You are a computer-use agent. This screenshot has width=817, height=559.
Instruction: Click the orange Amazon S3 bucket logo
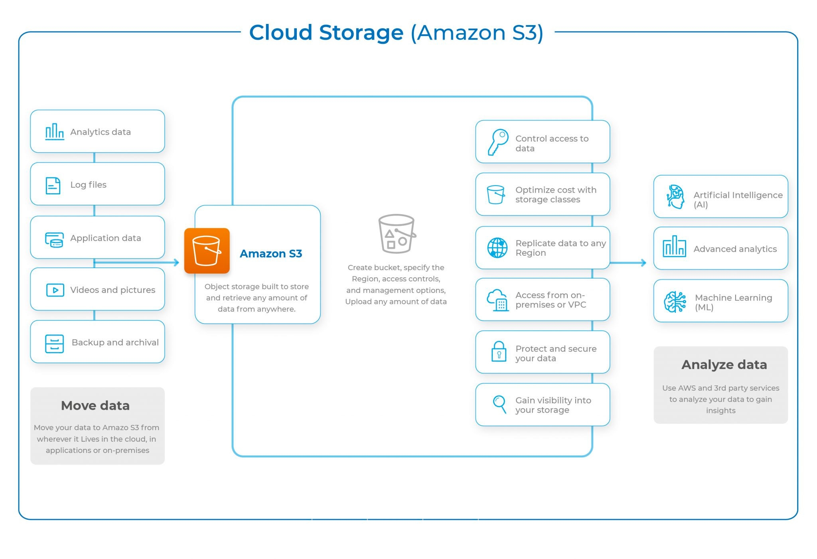(207, 251)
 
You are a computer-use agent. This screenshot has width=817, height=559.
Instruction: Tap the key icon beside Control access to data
(497, 142)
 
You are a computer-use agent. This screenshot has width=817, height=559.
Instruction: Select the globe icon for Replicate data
(497, 248)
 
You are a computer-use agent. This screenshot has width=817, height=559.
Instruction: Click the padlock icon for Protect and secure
(499, 352)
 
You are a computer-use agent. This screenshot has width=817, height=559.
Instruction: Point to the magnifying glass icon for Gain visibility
(499, 404)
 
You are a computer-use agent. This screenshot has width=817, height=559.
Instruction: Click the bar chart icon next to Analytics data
(54, 131)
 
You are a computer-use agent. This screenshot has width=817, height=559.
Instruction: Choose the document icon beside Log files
(53, 186)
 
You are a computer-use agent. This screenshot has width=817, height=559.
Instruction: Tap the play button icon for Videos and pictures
(55, 290)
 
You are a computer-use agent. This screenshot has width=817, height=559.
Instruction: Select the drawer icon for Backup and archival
(54, 344)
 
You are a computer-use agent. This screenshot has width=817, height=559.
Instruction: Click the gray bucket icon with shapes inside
(396, 234)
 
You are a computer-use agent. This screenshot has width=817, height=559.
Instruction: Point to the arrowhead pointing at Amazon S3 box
(176, 263)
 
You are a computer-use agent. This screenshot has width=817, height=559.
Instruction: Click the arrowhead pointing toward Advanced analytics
(643, 263)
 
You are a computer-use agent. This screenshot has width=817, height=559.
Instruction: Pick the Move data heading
(95, 405)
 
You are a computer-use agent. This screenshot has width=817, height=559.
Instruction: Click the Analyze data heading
(724, 364)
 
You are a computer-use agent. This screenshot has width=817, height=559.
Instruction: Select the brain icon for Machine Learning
(675, 302)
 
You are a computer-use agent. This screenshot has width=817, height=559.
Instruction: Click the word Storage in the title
(361, 32)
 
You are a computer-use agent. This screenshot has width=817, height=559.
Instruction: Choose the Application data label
(106, 238)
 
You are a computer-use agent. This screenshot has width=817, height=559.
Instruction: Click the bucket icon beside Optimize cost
(496, 194)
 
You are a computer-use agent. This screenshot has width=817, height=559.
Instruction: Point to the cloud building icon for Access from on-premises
(497, 300)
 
